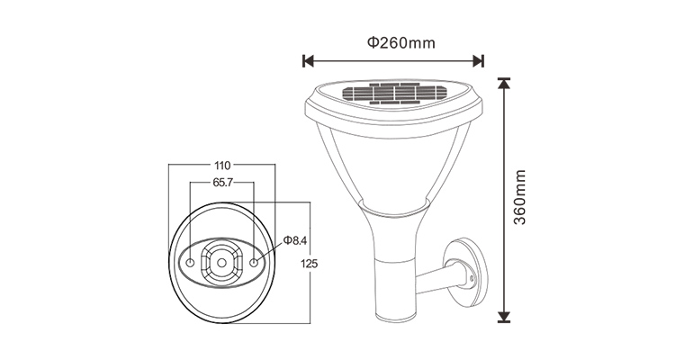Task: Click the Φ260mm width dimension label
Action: point(392,43)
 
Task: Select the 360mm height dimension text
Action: point(520,197)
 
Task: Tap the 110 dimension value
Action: point(221,165)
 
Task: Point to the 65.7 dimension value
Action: point(221,182)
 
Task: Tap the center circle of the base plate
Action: point(221,263)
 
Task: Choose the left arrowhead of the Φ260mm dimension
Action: point(307,61)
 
